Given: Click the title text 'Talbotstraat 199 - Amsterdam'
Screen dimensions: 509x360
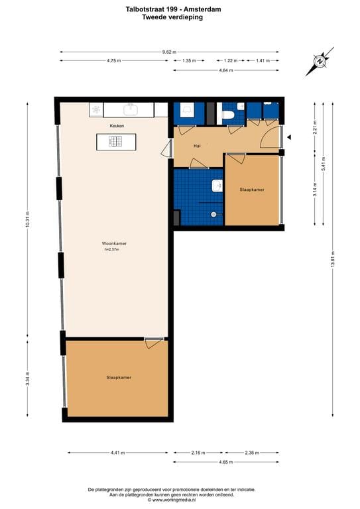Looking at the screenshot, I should [172, 10].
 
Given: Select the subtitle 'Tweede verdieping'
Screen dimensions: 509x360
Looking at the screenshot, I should [172, 18].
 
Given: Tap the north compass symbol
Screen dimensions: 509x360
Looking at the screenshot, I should [321, 62].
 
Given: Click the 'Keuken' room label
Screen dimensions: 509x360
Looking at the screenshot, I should [117, 125].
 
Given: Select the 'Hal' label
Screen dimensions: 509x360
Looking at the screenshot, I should [197, 145].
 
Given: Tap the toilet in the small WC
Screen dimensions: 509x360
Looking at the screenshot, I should [229, 115].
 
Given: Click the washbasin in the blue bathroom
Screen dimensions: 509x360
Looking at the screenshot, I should [216, 185].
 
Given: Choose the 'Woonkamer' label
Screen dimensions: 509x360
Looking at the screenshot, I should [115, 243].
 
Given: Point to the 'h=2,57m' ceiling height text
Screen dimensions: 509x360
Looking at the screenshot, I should [115, 250].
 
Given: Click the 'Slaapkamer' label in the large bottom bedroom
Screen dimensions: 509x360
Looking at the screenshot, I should [119, 378].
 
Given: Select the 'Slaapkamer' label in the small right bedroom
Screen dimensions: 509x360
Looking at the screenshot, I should [252, 190].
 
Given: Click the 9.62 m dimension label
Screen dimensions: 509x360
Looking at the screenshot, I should [170, 52].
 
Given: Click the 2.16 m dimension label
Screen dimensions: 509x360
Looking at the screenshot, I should [197, 453].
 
